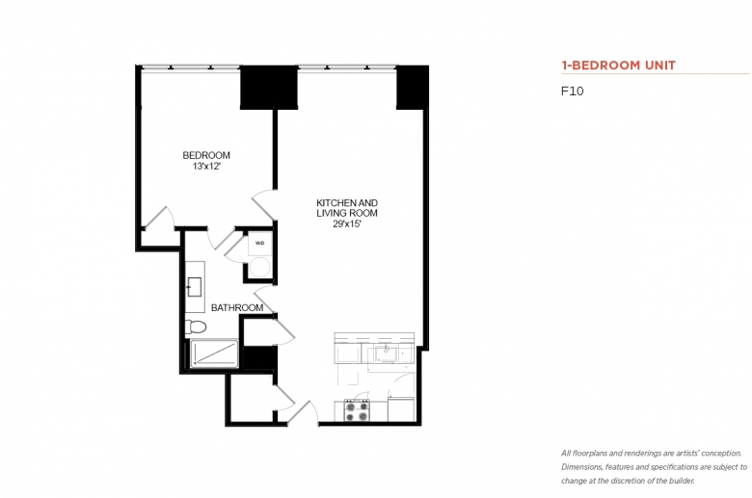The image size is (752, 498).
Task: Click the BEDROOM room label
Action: (206, 155)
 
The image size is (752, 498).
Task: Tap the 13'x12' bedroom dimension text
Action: (206, 167)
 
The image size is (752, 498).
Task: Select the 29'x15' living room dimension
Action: (347, 223)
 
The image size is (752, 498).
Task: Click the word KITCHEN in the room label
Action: (333, 202)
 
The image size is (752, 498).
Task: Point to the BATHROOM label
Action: (237, 307)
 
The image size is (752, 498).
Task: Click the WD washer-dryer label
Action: (259, 243)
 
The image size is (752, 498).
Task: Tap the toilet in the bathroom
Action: (196, 327)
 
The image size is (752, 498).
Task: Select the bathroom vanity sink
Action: (194, 287)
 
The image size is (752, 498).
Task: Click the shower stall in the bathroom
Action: (214, 354)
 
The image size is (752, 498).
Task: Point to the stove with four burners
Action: (357, 410)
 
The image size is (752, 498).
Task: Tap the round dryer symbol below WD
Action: (260, 267)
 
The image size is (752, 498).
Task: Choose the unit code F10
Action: (572, 92)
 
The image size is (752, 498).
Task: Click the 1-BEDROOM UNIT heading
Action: (619, 66)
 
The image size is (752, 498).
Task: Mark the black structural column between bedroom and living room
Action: (269, 88)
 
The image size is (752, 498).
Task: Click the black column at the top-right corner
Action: (412, 88)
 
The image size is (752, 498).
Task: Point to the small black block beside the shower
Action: (259, 357)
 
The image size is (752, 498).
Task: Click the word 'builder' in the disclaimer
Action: (679, 481)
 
